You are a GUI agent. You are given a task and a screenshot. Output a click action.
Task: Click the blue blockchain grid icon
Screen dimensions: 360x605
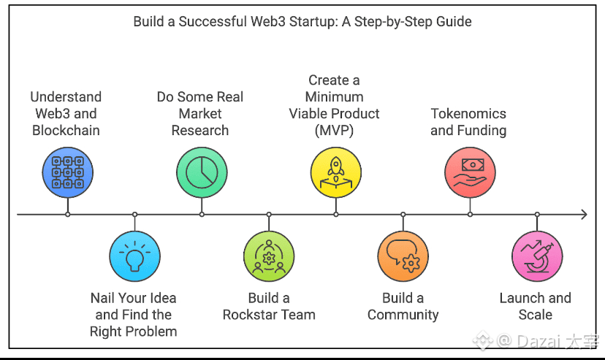click(x=67, y=172)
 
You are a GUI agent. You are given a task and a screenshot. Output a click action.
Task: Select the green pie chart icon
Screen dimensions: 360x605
click(x=202, y=172)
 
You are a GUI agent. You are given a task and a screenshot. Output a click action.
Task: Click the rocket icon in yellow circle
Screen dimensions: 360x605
click(x=336, y=172)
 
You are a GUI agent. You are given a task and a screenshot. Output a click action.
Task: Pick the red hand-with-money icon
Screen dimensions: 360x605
click(x=470, y=172)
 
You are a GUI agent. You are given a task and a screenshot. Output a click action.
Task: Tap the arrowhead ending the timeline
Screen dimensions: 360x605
click(x=583, y=215)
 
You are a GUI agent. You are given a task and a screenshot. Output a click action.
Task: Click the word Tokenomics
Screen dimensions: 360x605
click(x=468, y=114)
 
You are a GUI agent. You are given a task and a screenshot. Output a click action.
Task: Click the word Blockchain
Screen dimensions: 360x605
click(x=66, y=131)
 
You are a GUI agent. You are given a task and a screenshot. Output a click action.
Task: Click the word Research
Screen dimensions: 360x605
click(x=200, y=131)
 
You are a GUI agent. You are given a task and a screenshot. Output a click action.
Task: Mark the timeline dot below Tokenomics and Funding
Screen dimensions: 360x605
click(x=470, y=215)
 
